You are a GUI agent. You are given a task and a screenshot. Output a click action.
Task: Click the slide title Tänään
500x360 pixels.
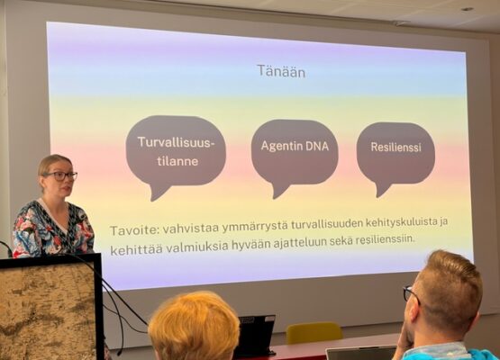coord(280,70)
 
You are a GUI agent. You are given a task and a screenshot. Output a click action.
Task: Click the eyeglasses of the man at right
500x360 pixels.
coord(411,293)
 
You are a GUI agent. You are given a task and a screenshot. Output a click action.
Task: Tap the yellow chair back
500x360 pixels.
coord(314,333)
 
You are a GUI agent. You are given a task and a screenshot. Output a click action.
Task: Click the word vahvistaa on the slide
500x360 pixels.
coord(188,227)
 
